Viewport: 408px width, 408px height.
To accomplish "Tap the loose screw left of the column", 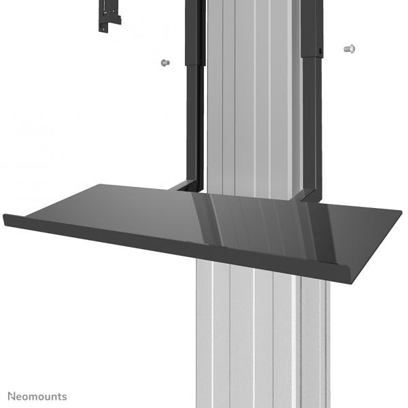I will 163,63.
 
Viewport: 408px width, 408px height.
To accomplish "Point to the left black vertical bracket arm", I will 194,122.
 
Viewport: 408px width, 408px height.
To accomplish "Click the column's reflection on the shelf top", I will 252,218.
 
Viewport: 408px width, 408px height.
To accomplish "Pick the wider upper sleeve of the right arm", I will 313,27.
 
